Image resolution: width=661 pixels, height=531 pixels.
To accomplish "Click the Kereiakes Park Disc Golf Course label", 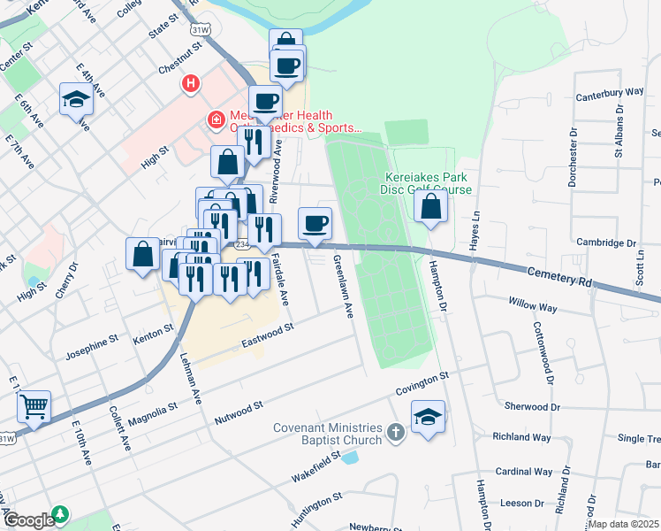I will tap(426, 183).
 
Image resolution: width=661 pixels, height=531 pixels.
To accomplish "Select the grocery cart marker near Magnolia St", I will tap(34, 407).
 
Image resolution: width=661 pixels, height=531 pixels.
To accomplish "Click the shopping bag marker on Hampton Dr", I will tap(430, 206).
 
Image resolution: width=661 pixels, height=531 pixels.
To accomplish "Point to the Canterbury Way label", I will tap(609, 92).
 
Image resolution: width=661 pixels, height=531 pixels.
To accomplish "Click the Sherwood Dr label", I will tap(528, 407).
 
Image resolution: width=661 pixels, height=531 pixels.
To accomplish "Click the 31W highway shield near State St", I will tap(201, 29).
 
